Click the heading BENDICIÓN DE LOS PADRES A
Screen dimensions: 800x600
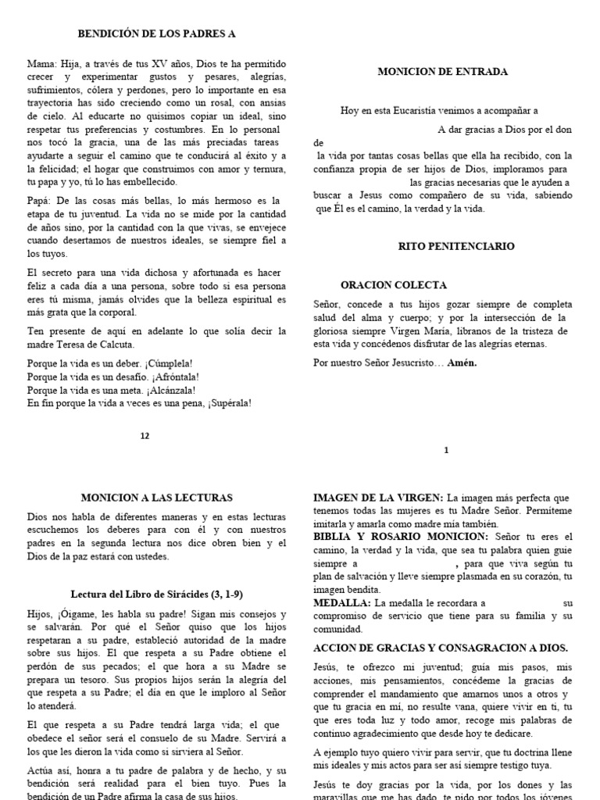156,34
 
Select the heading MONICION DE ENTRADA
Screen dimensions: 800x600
442,71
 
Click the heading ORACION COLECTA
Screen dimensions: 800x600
394,285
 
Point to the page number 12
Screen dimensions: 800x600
145,436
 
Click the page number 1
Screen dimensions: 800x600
446,449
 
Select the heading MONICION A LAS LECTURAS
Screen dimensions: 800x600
156,497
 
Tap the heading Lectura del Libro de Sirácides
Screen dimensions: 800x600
156,594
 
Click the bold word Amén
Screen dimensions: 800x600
461,363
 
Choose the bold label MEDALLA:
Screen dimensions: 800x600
341,603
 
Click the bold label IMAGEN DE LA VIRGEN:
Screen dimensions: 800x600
378,498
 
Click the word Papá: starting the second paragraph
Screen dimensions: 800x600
41,200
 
